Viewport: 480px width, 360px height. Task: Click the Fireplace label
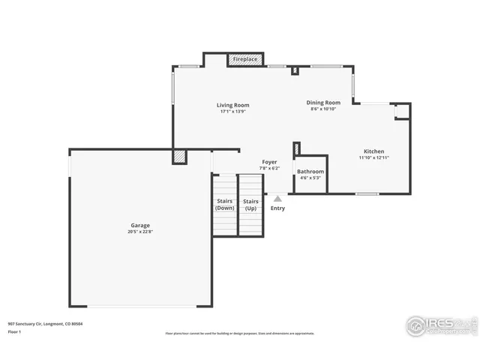(245, 59)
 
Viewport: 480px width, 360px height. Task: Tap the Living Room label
(233, 105)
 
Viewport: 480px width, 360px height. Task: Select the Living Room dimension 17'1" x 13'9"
(233, 112)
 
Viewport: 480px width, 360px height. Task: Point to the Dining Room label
(323, 103)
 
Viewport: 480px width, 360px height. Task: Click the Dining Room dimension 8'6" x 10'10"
(323, 109)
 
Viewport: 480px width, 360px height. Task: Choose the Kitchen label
(373, 151)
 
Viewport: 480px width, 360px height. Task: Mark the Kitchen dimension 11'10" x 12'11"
(373, 158)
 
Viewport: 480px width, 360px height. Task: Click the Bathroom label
(310, 171)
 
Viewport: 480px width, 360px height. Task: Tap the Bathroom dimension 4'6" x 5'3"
(310, 178)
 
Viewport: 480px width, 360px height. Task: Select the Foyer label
(269, 162)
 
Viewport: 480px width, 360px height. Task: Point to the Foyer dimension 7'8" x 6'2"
(269, 169)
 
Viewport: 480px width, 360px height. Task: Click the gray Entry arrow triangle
(277, 199)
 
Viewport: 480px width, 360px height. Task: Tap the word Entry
(277, 208)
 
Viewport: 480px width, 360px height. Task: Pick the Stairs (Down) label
(225, 204)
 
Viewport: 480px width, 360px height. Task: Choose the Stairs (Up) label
(250, 204)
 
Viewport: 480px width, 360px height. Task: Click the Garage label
(140, 225)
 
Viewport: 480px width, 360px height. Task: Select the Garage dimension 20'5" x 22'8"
(140, 232)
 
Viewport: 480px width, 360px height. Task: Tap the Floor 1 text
(15, 331)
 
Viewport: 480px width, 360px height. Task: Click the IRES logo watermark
(441, 325)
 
